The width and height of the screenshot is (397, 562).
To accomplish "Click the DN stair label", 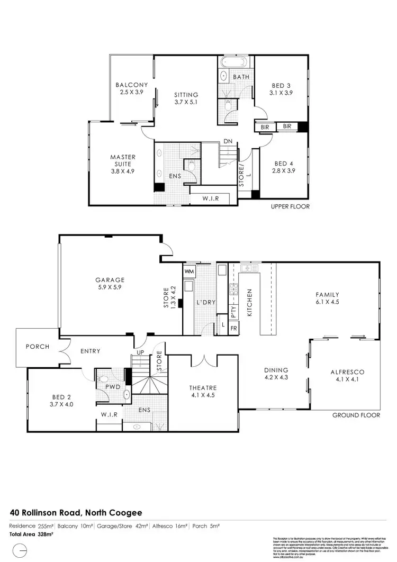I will click(x=229, y=141).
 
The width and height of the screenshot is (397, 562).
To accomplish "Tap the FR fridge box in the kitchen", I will click(x=233, y=329).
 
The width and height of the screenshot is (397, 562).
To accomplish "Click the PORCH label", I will click(x=37, y=347).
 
